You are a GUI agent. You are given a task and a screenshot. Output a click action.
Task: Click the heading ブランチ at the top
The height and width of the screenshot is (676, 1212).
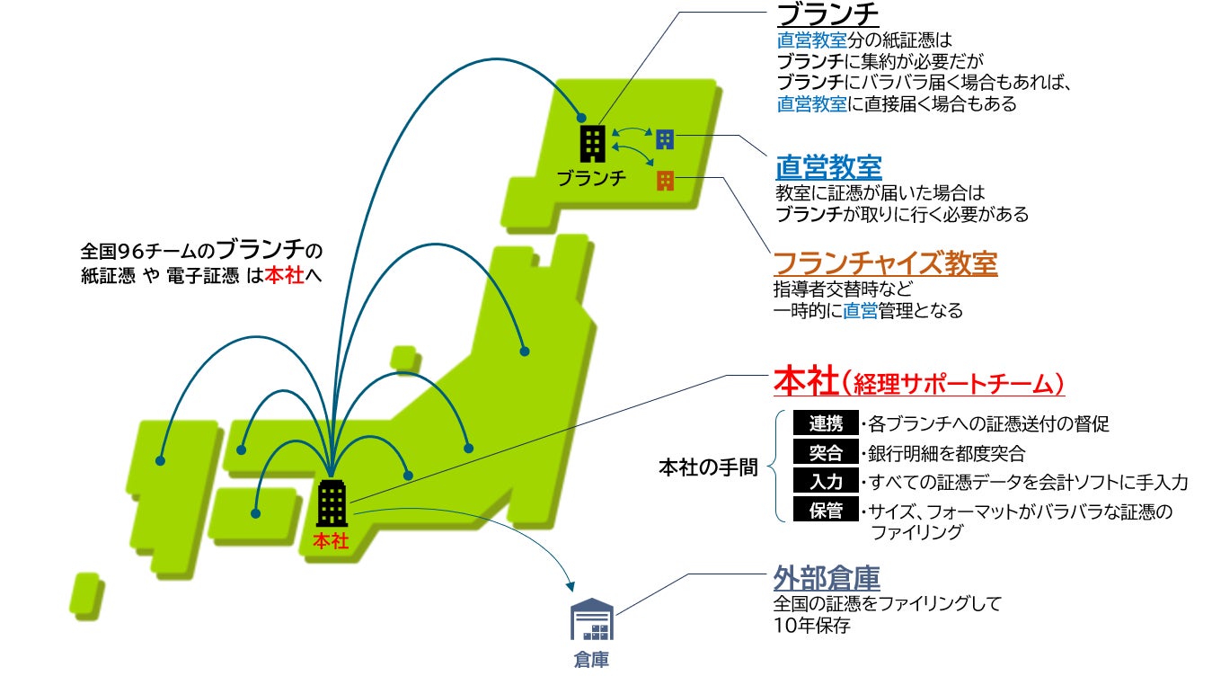(x=827, y=15)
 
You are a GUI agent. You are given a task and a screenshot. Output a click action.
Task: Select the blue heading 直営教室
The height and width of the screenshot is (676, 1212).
(x=828, y=167)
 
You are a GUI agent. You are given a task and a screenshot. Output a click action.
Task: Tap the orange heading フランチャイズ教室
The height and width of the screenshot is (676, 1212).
(x=885, y=263)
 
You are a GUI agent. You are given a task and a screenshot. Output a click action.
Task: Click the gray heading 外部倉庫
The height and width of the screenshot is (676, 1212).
(x=827, y=578)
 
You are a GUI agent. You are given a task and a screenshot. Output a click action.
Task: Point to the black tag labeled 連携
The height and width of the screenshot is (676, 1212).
(x=826, y=422)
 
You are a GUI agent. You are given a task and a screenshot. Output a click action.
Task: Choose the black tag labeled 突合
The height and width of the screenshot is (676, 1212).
(x=826, y=452)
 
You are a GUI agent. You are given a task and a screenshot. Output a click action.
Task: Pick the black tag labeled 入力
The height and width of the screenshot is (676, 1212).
(x=826, y=482)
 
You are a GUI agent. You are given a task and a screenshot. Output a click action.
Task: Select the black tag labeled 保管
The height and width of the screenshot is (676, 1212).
(x=826, y=511)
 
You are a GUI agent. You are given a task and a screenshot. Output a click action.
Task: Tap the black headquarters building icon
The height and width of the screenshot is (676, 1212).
(x=332, y=503)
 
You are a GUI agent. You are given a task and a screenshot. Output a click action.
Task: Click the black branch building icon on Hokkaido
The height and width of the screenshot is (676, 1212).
(x=592, y=144)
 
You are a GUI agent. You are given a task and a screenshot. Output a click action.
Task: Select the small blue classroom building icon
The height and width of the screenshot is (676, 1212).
(x=665, y=138)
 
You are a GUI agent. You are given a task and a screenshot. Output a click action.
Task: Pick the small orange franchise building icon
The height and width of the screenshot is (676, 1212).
(x=665, y=180)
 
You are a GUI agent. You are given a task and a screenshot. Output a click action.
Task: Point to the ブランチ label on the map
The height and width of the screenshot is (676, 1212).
(x=590, y=178)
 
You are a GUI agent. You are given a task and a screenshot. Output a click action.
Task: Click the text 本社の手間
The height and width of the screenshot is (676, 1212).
(x=708, y=467)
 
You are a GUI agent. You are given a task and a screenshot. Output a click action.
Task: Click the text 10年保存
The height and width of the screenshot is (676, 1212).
(x=811, y=625)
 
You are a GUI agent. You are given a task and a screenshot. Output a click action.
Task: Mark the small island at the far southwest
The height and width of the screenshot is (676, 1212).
(x=85, y=593)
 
